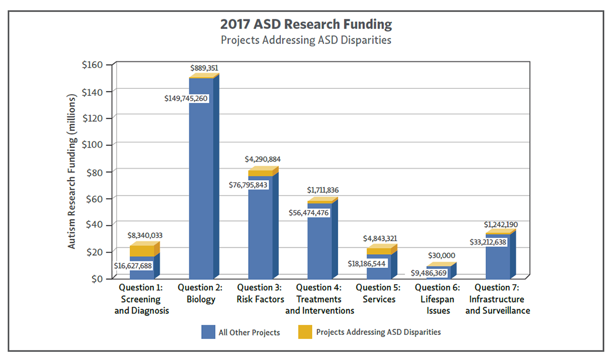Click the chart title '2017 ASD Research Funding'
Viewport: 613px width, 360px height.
click(306, 25)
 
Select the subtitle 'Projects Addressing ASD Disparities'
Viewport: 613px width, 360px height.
click(306, 40)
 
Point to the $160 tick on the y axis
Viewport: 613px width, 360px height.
click(92, 65)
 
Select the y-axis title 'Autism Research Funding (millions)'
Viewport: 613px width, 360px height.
click(72, 172)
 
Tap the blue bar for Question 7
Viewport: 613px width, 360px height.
click(497, 262)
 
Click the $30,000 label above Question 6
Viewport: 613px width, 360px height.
click(441, 255)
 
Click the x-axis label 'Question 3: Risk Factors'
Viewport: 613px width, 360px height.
click(259, 294)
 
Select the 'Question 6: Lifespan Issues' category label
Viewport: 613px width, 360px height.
click(438, 299)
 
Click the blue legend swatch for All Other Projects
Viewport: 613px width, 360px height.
click(208, 332)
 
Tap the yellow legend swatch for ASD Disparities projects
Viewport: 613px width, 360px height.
click(305, 332)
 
